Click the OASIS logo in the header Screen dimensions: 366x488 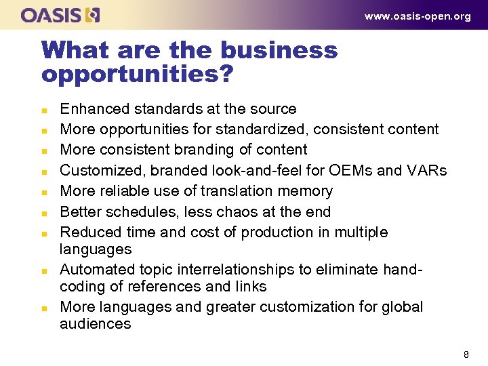coord(61,15)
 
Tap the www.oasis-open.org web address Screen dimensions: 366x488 coord(418,16)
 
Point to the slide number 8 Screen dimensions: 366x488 coord(466,354)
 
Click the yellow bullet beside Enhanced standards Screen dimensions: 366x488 coord(43,110)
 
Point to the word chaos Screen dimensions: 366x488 coord(238,212)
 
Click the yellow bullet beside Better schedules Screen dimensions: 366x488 coord(43,213)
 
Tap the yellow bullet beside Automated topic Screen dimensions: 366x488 coord(43,270)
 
